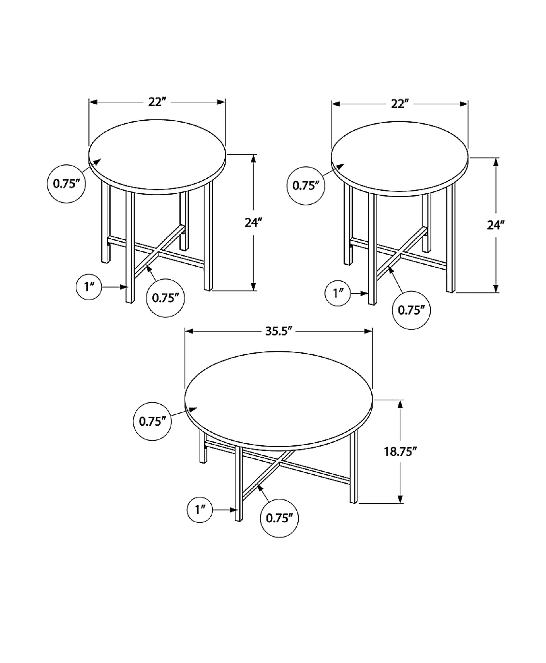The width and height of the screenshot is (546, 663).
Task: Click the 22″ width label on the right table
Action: click(400, 104)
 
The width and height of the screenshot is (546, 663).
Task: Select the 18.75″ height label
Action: click(400, 452)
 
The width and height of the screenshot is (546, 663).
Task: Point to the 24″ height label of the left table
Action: click(253, 223)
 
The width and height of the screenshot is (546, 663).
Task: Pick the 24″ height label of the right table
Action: click(496, 225)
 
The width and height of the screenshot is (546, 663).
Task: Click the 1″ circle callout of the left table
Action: click(89, 287)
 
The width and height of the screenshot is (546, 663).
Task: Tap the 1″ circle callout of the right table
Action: click(338, 294)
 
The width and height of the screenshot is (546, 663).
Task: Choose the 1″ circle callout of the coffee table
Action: click(200, 510)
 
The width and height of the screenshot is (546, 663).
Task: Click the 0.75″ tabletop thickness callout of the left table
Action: click(66, 184)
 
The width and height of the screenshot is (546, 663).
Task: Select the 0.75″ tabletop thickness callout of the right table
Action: click(306, 186)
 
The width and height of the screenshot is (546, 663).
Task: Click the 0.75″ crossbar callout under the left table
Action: click(166, 298)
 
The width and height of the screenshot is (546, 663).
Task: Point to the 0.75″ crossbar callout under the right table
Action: click(411, 310)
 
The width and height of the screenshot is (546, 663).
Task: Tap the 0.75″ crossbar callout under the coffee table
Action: click(280, 518)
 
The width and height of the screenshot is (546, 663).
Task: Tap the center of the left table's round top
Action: click(157, 156)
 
